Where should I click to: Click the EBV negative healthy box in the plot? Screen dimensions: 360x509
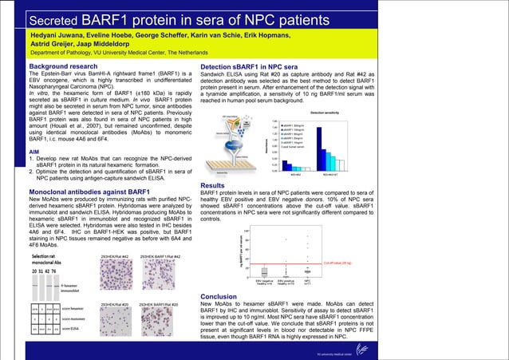click(263, 271)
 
